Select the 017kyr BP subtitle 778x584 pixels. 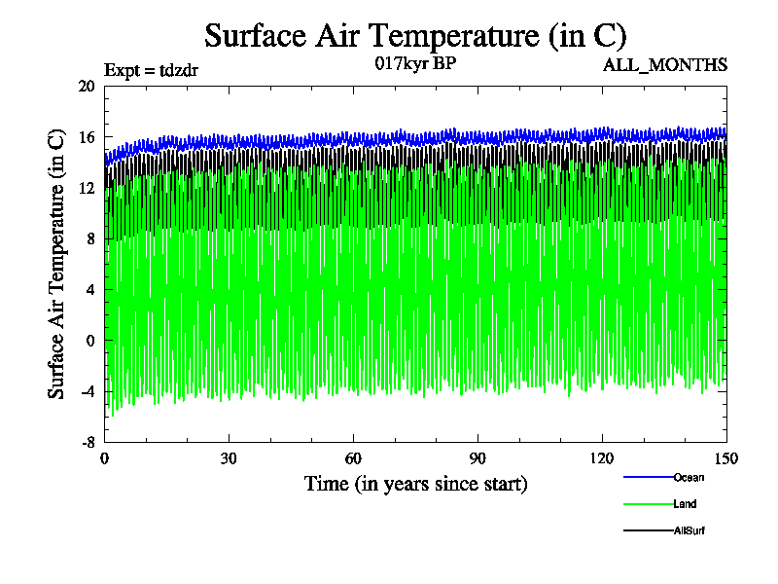(x=414, y=64)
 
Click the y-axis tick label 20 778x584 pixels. (x=87, y=86)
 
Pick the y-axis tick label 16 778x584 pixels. (x=87, y=137)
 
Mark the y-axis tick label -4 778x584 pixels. (x=87, y=392)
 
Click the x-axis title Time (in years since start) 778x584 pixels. (x=415, y=484)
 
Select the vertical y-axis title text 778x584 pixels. (x=57, y=264)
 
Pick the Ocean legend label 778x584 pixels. (x=689, y=477)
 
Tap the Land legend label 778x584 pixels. (x=685, y=504)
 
